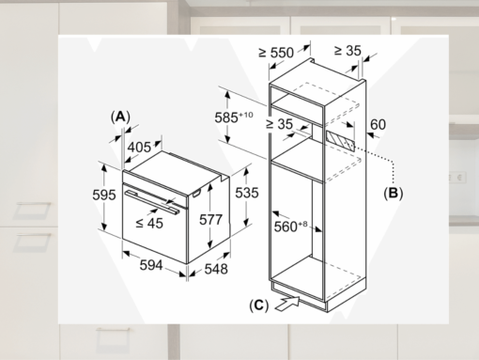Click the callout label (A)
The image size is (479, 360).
click(x=119, y=116)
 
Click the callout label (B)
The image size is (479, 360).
click(x=393, y=193)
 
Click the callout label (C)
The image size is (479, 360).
click(x=258, y=305)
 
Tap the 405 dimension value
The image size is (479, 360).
click(x=140, y=147)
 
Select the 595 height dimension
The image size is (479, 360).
click(x=104, y=195)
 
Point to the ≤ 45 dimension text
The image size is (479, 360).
click(x=147, y=222)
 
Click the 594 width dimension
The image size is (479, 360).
click(x=151, y=266)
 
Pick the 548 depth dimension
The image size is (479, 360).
click(x=216, y=269)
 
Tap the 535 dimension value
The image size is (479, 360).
click(x=246, y=192)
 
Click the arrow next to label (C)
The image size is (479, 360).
click(x=286, y=303)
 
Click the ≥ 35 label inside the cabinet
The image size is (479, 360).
click(x=281, y=123)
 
